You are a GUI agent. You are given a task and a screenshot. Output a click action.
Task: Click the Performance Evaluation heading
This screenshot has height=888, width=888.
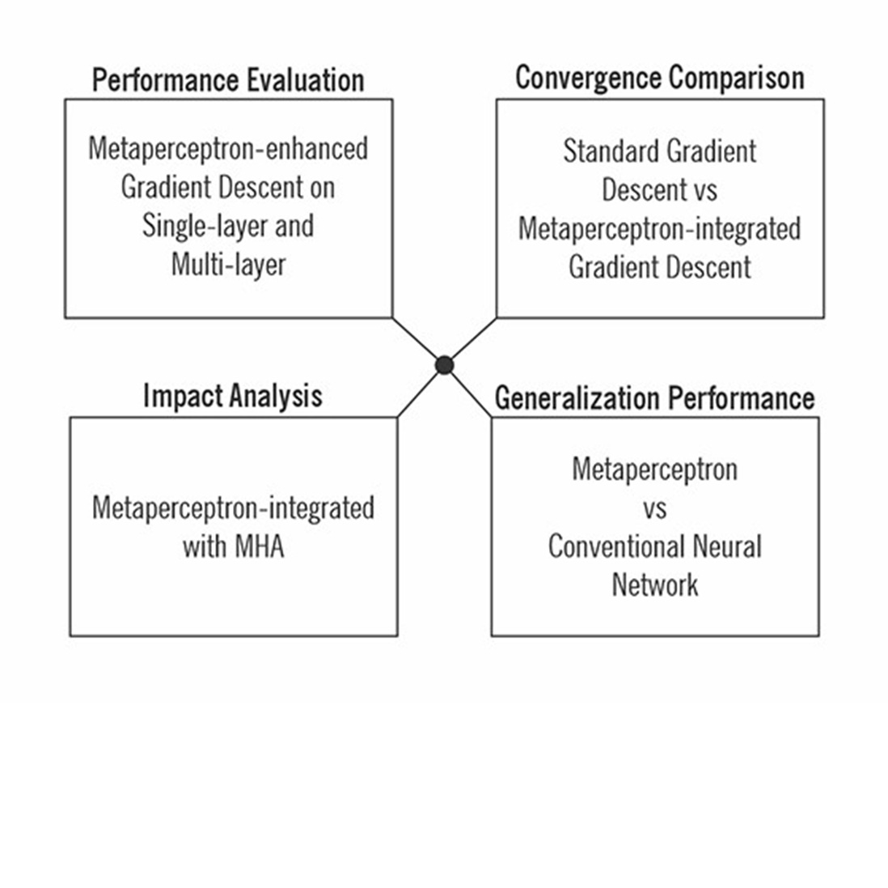click(227, 80)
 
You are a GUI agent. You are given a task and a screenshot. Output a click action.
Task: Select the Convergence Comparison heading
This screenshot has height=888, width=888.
click(659, 78)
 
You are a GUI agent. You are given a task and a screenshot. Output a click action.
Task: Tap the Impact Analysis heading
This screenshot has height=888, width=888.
click(232, 396)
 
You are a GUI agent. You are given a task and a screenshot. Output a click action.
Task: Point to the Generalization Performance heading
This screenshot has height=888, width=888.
click(654, 398)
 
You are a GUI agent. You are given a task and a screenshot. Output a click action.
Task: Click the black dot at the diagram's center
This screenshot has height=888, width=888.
click(444, 366)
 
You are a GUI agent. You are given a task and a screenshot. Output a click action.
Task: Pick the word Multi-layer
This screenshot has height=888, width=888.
click(228, 264)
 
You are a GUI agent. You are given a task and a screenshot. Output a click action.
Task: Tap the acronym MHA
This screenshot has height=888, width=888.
click(259, 546)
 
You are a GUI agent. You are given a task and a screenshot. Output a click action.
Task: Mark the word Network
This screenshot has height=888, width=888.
click(654, 584)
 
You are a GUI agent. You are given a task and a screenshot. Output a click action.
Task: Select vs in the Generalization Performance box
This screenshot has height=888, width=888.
click(654, 508)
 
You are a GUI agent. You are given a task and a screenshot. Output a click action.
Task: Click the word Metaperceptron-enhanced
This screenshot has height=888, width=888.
click(228, 149)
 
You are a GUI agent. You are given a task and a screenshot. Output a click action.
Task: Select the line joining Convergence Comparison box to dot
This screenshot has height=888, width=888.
click(472, 340)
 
